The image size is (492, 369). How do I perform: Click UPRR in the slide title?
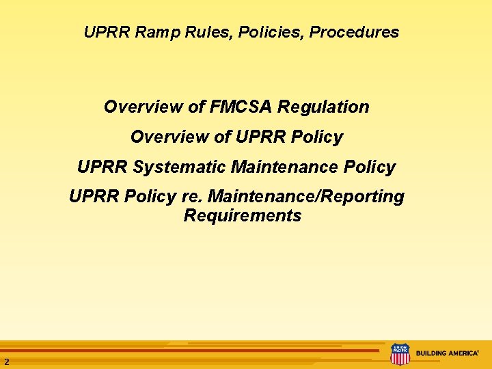[100, 32]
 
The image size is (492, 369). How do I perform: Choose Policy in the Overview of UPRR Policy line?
[316, 137]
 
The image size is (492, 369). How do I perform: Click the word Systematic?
[181, 167]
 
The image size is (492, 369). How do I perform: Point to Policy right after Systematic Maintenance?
[368, 167]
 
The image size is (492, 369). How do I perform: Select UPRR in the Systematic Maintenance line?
[102, 167]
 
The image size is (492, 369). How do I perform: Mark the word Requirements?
[243, 217]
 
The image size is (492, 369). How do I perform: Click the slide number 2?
[6, 361]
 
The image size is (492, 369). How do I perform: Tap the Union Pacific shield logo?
[400, 354]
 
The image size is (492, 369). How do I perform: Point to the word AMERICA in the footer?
[463, 354]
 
